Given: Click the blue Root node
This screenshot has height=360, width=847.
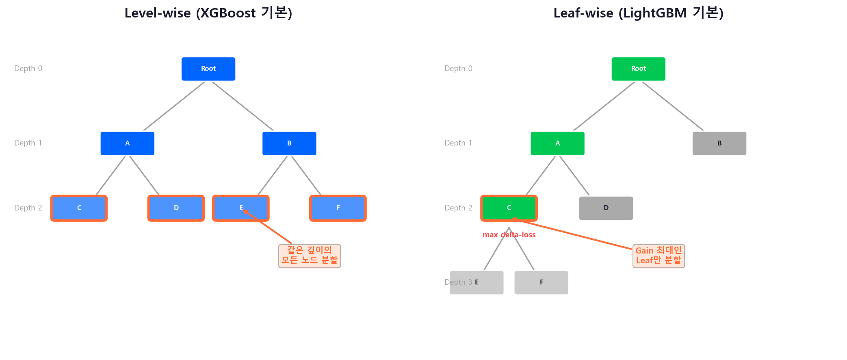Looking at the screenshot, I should pos(208,69).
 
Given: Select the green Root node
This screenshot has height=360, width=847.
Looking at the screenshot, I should pos(638,69).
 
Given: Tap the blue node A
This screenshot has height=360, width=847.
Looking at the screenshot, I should pos(128,143).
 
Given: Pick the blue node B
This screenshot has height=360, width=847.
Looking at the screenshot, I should pos(289,143).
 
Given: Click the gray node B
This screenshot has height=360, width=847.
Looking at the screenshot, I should pos(719,143).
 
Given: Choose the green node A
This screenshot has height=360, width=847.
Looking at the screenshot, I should pos(557,143).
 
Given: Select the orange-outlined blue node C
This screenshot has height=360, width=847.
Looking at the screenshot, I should pos(79,208).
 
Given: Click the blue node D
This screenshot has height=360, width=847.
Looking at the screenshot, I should pos(176,208).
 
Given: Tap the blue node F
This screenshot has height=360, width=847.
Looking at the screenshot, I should pos(338,208).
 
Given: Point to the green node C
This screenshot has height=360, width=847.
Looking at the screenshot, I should pos(509,208).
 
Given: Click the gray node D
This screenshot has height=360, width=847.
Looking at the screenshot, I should pos(606,208).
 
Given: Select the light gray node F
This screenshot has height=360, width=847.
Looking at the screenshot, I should pos(541,282).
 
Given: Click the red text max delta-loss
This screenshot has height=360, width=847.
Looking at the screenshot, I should pos(509,235).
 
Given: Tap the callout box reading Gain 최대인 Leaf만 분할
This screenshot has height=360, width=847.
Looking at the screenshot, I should pos(659,256).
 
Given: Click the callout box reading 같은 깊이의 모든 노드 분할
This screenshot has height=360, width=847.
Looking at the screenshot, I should pos(310,256).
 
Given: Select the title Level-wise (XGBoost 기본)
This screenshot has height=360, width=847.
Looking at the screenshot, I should pos(208,13).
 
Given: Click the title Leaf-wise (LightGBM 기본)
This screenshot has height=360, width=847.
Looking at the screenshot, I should pos(638,13).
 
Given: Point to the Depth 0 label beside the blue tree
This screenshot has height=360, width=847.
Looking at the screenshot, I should pos(28,69).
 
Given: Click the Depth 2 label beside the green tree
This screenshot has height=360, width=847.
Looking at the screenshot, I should pos(458,208).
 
